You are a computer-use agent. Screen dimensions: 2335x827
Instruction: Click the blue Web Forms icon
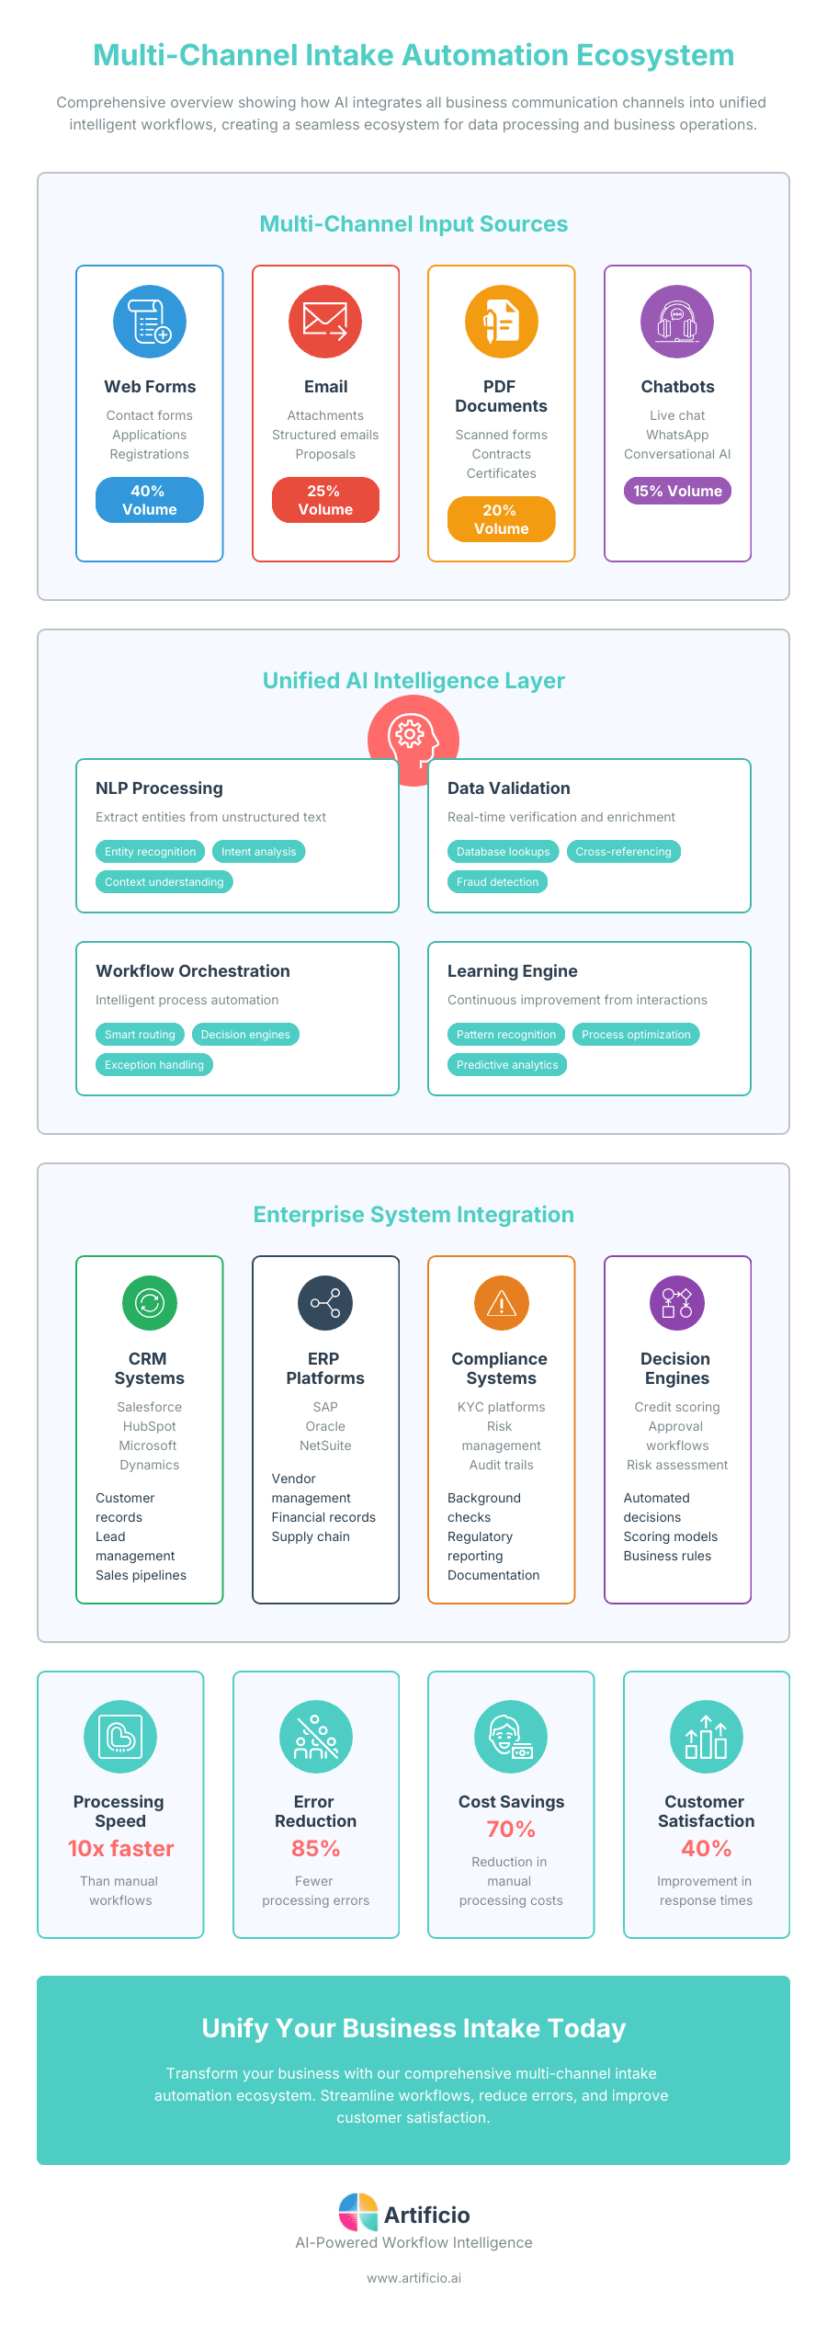[150, 322]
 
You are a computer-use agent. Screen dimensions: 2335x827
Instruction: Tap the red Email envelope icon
[325, 322]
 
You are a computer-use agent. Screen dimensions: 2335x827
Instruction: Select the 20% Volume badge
[501, 519]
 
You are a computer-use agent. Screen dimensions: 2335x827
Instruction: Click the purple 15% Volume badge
[677, 491]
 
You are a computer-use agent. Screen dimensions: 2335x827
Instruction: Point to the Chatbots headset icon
[677, 322]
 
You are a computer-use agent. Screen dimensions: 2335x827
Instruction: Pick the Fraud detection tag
[497, 881]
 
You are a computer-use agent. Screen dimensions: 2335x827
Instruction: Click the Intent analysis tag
[258, 851]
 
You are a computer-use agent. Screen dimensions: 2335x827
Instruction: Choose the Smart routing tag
[140, 1034]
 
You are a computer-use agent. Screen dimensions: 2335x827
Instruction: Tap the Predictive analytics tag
[507, 1064]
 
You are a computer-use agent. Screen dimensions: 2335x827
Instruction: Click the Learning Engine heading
[512, 970]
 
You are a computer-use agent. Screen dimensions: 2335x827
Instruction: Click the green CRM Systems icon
[150, 1302]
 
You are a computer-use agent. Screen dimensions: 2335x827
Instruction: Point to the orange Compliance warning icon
[501, 1302]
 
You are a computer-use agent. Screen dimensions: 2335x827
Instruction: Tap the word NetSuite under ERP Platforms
[325, 1445]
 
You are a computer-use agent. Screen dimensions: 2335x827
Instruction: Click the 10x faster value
[120, 1848]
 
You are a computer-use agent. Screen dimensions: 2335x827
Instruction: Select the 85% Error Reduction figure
[315, 1848]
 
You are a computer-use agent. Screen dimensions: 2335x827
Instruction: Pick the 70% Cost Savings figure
[511, 1829]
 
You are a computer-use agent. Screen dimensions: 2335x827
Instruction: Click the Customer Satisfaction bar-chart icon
[706, 1736]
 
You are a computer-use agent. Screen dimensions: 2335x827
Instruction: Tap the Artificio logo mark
[358, 2213]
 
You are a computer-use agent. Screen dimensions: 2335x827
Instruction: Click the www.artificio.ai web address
[413, 2278]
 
